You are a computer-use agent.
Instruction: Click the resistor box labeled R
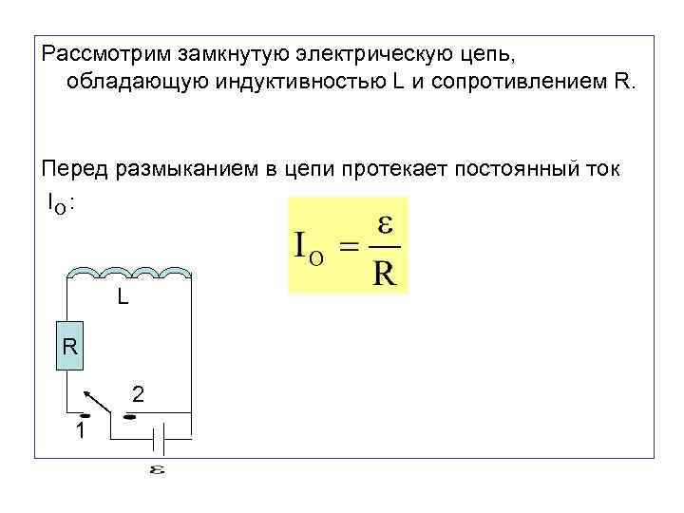69,347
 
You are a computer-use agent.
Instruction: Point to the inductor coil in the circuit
130,274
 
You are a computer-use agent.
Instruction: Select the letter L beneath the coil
123,297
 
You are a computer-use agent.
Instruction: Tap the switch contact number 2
139,393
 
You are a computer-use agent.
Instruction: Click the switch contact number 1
82,430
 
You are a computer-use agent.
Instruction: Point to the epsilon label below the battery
157,469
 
